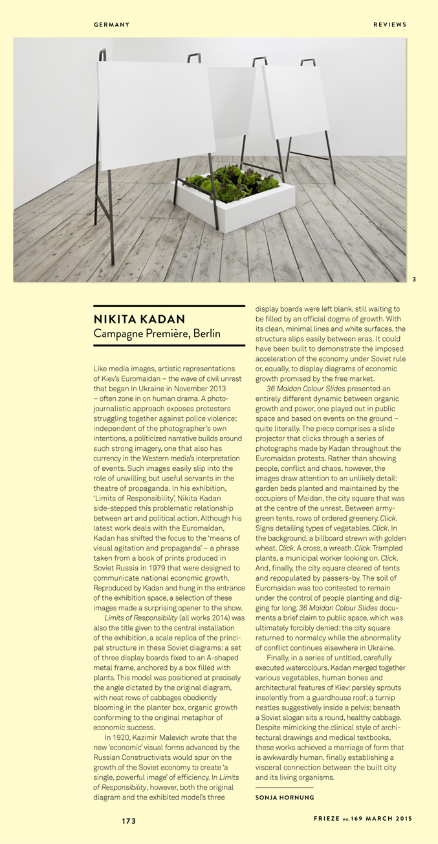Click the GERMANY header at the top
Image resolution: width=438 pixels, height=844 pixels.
(111, 25)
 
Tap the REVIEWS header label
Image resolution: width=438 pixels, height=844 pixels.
(389, 25)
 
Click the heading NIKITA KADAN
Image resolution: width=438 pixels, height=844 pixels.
(139, 319)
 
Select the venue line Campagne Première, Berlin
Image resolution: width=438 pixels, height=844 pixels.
(157, 334)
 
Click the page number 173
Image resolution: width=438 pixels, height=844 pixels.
(129, 821)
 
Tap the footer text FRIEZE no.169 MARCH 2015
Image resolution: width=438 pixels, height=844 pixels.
(362, 819)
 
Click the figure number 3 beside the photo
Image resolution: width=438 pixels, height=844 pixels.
(414, 279)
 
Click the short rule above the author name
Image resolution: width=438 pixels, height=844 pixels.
(284, 787)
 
